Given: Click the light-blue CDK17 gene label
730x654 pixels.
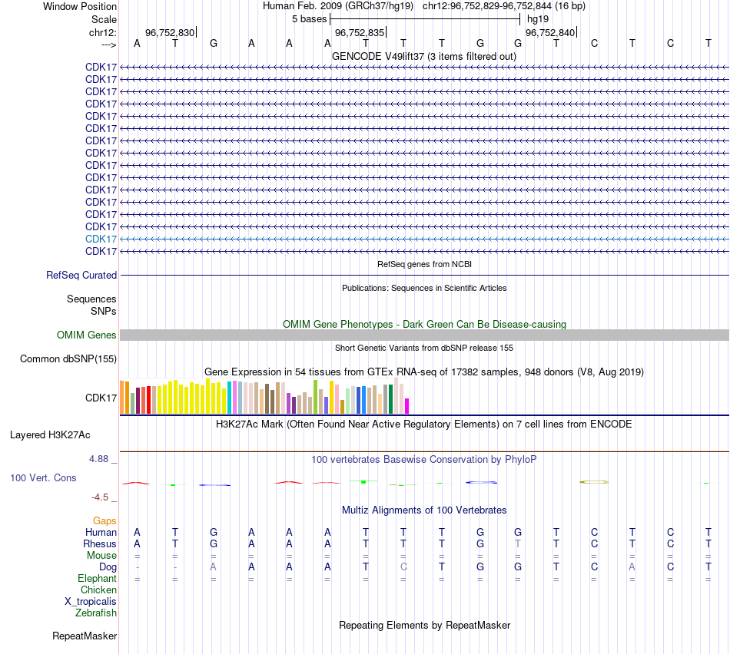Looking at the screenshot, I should (101, 239).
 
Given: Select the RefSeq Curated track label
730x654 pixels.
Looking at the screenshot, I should (81, 275).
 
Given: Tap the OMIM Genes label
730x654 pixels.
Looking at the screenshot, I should (87, 335).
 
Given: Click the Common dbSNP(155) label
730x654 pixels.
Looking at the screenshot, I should (68, 358).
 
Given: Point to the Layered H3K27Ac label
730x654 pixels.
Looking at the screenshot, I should (50, 434).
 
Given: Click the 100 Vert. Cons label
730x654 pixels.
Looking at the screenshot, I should (43, 477).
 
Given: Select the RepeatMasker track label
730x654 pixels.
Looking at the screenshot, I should (85, 636).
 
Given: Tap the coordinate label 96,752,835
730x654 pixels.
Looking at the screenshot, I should (360, 32).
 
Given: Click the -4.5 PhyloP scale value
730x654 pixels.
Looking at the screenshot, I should (101, 497).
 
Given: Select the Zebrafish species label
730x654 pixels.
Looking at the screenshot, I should (96, 613).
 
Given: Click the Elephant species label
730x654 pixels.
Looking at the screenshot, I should (97, 578).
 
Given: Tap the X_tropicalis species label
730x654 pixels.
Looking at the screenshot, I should (91, 601).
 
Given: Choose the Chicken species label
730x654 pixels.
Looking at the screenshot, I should (98, 590).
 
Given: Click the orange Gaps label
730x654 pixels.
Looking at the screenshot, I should (105, 520).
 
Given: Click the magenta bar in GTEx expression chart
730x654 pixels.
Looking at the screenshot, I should (407, 406).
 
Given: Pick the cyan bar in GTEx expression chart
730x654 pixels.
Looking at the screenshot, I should (230, 398).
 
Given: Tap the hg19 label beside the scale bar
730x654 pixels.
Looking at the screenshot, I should (537, 18).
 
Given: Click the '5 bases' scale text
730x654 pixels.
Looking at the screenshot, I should (309, 18).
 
